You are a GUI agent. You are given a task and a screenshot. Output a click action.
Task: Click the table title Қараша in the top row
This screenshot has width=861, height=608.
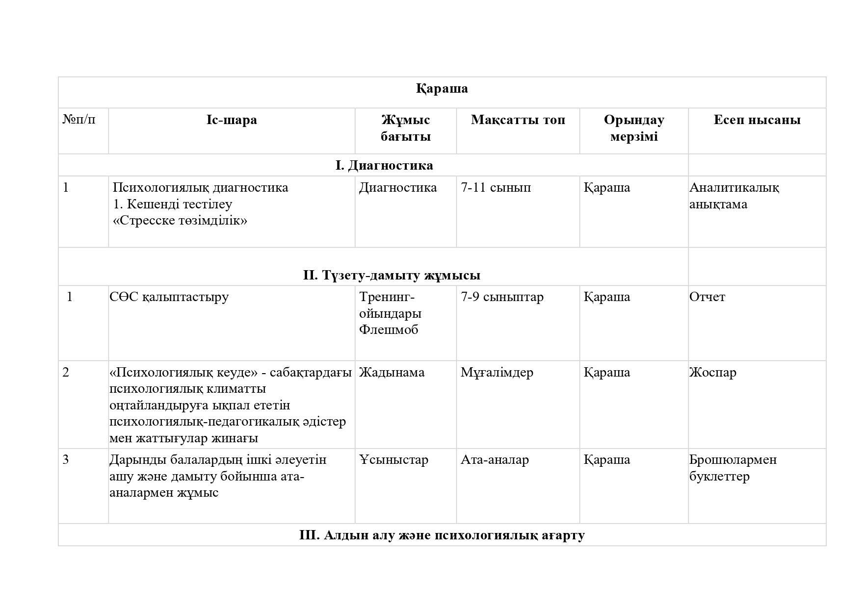pos(442,89)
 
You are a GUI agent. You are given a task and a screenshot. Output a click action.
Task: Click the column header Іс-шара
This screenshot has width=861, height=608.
pos(232,120)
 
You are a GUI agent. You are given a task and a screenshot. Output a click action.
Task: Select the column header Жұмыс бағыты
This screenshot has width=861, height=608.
pos(405,128)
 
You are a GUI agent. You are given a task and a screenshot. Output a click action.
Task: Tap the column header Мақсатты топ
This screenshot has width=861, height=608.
pos(518,120)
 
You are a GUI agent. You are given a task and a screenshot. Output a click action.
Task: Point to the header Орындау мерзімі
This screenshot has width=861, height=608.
pos(633,128)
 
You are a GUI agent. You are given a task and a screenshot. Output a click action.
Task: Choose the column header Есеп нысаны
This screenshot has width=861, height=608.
pos(757,120)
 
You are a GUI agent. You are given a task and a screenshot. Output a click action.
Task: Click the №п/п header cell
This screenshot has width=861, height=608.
pos(79,119)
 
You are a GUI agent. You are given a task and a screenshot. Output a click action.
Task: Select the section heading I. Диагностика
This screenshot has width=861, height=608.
pos(384,166)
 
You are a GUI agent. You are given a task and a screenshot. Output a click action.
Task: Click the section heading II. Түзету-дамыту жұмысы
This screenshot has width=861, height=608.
pos(391,276)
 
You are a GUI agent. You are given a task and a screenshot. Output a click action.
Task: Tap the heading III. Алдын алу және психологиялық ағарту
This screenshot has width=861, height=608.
pos(442,535)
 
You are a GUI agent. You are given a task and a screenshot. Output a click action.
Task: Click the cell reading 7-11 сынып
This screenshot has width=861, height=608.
pos(496,188)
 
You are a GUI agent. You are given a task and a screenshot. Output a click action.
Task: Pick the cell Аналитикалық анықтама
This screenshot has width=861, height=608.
pos(733,196)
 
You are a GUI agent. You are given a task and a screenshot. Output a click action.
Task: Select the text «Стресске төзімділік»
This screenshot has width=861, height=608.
pos(180,221)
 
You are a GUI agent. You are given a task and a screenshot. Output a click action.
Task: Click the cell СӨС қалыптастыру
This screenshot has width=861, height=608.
pos(169,297)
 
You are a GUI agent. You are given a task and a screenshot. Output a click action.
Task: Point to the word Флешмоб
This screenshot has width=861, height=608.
pos(389,330)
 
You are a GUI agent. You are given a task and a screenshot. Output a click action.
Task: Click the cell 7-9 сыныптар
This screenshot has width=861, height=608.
pos(502,297)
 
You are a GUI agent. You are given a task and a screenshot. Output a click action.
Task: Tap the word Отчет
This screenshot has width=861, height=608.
pos(706,297)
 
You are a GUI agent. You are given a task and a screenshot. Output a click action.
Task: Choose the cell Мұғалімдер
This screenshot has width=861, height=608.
pos(496,373)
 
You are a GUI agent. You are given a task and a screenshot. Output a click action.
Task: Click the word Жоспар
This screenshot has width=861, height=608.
pos(712,373)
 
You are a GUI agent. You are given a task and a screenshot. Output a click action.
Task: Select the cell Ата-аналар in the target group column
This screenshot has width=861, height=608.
pos(495,460)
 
